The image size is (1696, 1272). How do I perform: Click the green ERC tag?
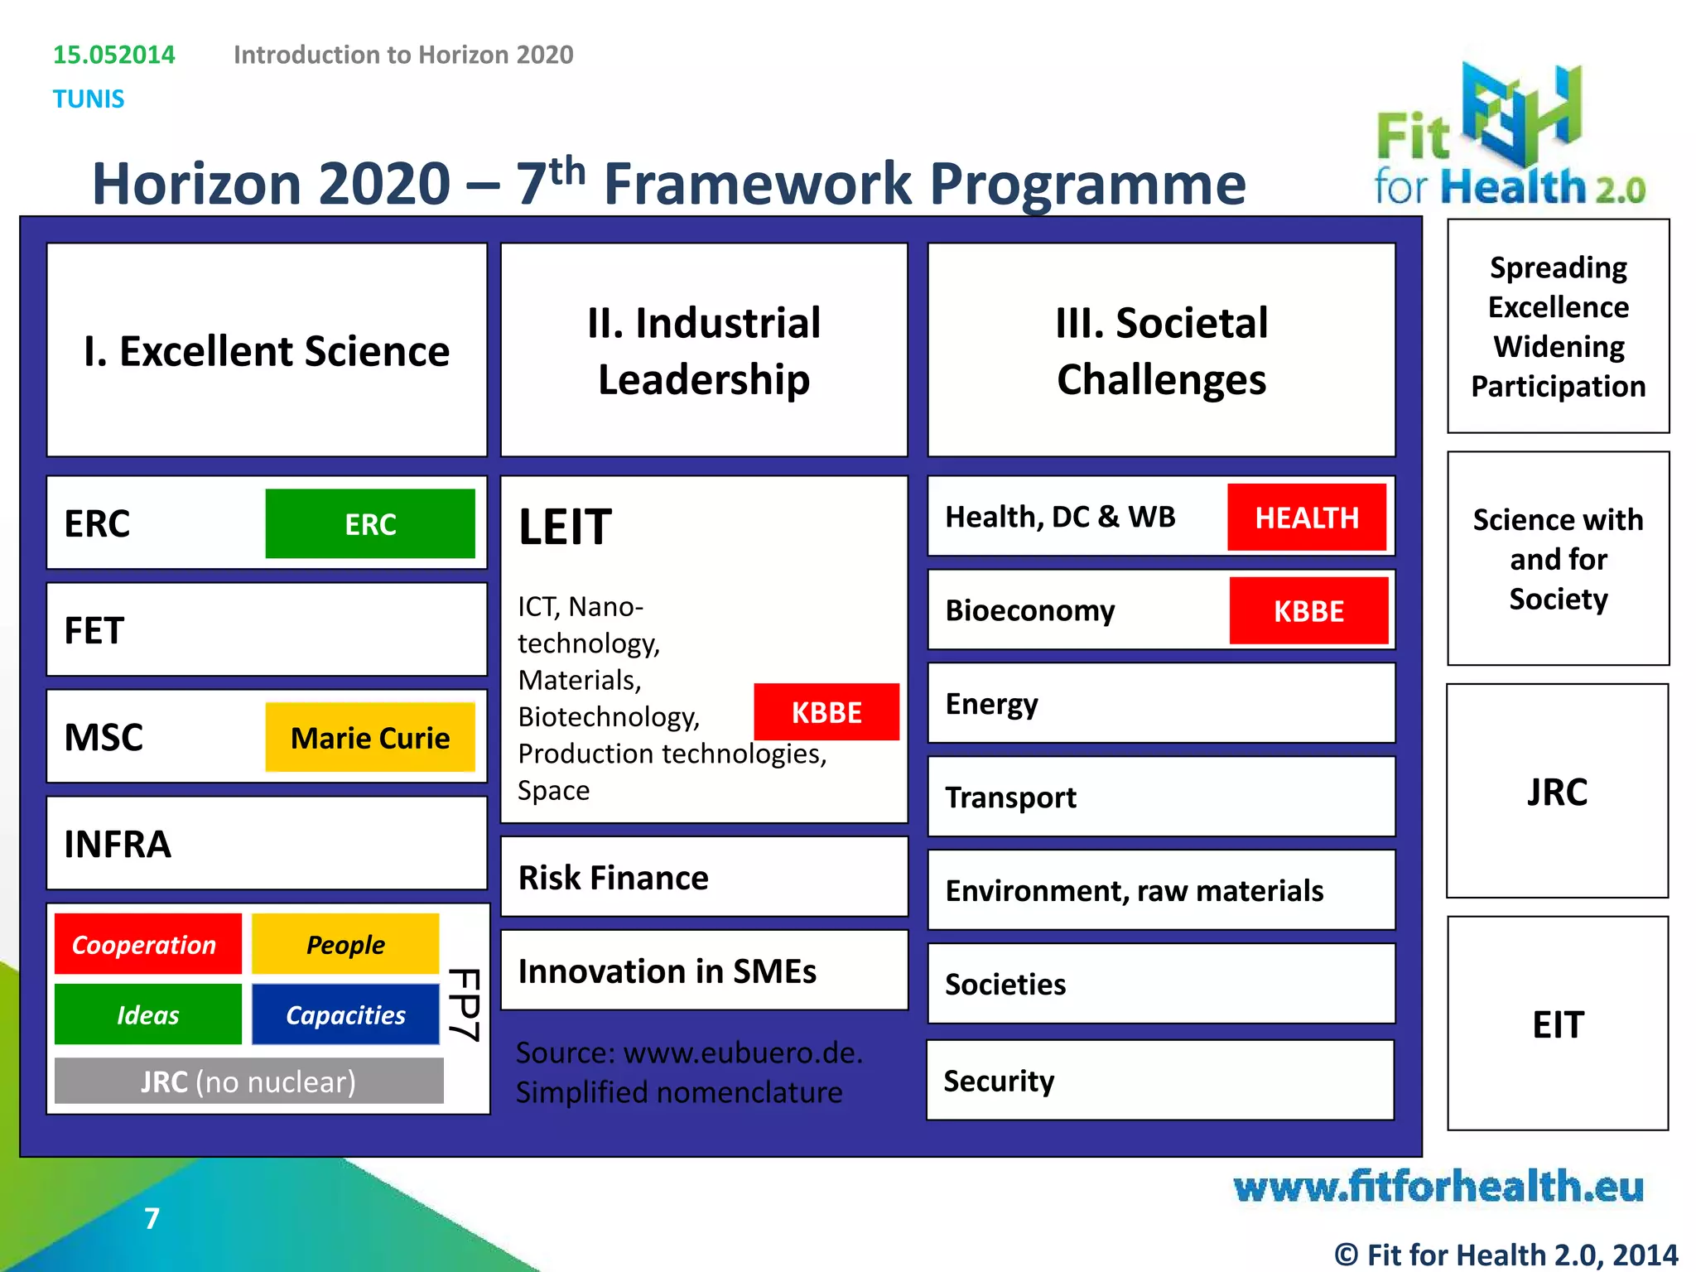[x=370, y=523]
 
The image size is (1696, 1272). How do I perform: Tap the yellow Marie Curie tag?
[x=370, y=737]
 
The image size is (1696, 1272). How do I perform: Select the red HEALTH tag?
[x=1307, y=518]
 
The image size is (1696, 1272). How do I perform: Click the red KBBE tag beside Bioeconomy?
[x=1308, y=611]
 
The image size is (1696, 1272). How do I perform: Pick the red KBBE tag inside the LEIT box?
[x=826, y=712]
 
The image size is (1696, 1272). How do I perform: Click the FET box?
[x=267, y=630]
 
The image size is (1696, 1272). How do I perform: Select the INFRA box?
[x=267, y=844]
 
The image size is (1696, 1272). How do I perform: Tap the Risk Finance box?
[x=704, y=877]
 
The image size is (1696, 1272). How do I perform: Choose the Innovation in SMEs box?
[x=704, y=971]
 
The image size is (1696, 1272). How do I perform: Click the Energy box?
[x=1161, y=704]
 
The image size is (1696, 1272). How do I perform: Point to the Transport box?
[x=1161, y=797]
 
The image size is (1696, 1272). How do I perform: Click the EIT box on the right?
[x=1558, y=1024]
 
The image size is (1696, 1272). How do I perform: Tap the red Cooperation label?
[x=147, y=944]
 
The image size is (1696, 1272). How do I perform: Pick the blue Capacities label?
[x=345, y=1014]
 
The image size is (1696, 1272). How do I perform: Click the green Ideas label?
[x=147, y=1014]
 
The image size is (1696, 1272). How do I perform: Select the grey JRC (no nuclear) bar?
[x=248, y=1082]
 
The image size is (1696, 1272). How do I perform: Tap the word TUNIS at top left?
[x=89, y=99]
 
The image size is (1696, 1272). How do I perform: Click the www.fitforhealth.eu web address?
[x=1438, y=1187]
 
